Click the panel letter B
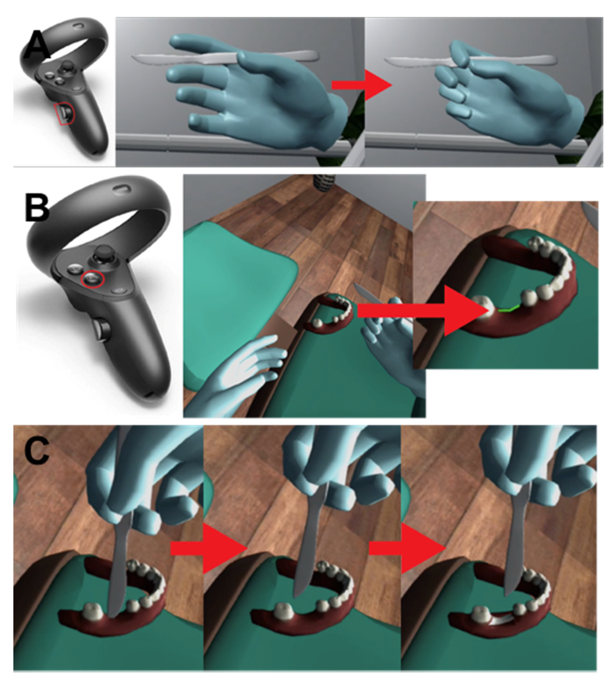pyautogui.click(x=37, y=208)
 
